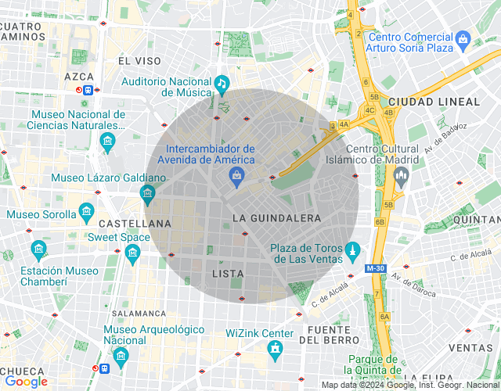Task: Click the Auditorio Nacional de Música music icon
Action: (x=222, y=84)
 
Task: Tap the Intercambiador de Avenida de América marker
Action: (x=236, y=178)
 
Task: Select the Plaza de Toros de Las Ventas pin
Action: (x=353, y=250)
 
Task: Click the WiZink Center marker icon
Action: (x=273, y=351)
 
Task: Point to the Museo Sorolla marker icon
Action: (x=86, y=213)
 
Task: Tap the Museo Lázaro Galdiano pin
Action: (x=146, y=193)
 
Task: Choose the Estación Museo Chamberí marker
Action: (x=38, y=250)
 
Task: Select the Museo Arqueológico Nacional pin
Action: (x=120, y=357)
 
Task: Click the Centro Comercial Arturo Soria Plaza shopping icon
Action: (x=463, y=38)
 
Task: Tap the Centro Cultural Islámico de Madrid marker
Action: (x=402, y=179)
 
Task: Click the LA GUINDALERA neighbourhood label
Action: (x=277, y=217)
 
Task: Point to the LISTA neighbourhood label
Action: (x=228, y=274)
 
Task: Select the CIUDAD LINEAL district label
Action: (x=434, y=102)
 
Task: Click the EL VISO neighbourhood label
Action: (x=139, y=60)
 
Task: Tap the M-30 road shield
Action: (x=375, y=268)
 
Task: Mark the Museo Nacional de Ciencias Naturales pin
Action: (x=107, y=141)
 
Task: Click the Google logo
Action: (x=26, y=382)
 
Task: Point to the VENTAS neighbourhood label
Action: (x=470, y=348)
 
